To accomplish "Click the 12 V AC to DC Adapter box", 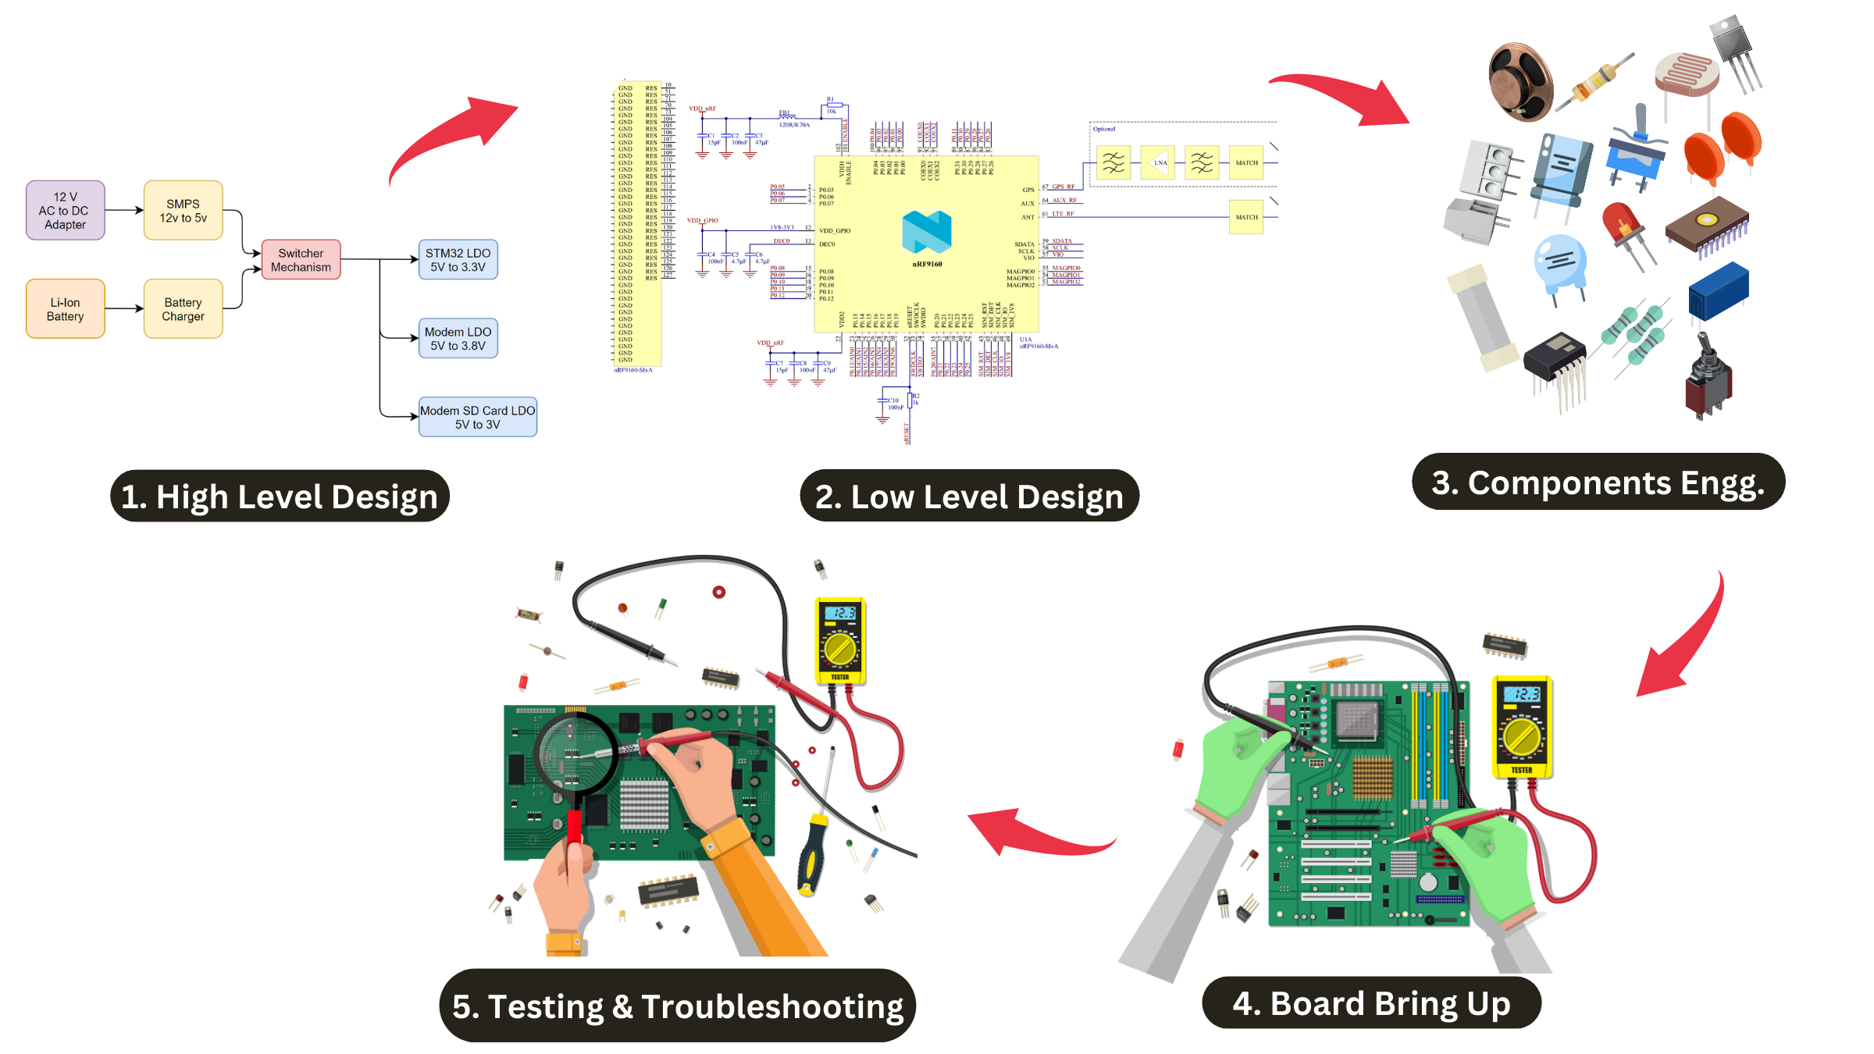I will click(65, 210).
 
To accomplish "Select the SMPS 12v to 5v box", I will click(183, 210).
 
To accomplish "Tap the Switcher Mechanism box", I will click(301, 259).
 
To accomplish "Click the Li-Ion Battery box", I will click(65, 308).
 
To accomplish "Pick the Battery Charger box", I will click(183, 308).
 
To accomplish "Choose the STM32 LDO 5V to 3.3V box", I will click(458, 259).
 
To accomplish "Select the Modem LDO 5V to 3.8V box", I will click(458, 338).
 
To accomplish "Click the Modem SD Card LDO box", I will click(477, 417).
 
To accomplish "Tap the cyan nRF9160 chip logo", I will click(926, 232).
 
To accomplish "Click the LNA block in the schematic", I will click(1159, 162).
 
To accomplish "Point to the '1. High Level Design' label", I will click(280, 497).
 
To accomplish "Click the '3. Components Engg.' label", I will click(1598, 482).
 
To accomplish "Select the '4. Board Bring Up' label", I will click(1370, 1003).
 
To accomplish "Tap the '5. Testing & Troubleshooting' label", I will click(677, 1006).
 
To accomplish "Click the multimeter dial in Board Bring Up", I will click(1521, 735).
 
